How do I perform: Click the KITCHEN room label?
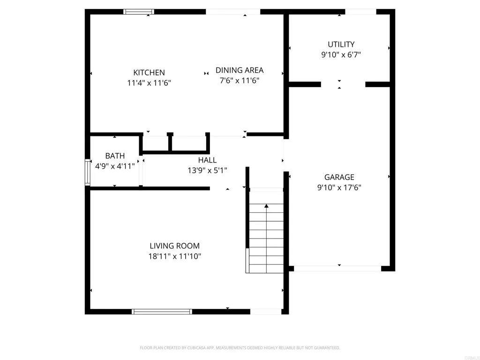click(x=149, y=73)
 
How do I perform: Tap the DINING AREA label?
click(x=239, y=70)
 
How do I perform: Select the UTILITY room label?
click(x=341, y=45)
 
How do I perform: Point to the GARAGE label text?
click(x=339, y=177)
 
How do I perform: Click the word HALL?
click(x=207, y=160)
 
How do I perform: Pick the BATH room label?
click(x=115, y=156)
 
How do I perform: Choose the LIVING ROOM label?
click(x=174, y=246)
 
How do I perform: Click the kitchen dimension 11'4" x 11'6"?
click(x=149, y=83)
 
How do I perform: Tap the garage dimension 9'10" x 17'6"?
click(x=339, y=187)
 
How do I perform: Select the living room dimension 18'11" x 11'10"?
click(x=175, y=256)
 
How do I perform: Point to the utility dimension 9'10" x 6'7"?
click(x=341, y=55)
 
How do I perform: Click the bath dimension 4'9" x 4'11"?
click(x=115, y=166)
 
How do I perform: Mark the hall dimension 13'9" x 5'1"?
click(x=207, y=171)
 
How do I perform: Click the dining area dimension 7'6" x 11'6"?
click(x=239, y=81)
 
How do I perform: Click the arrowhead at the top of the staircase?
click(x=266, y=206)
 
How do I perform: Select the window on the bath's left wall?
click(x=87, y=173)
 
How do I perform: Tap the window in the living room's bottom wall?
click(x=162, y=311)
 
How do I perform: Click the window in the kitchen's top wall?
click(x=139, y=12)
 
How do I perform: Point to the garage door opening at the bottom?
click(x=337, y=269)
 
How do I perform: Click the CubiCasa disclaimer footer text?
click(x=240, y=348)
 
